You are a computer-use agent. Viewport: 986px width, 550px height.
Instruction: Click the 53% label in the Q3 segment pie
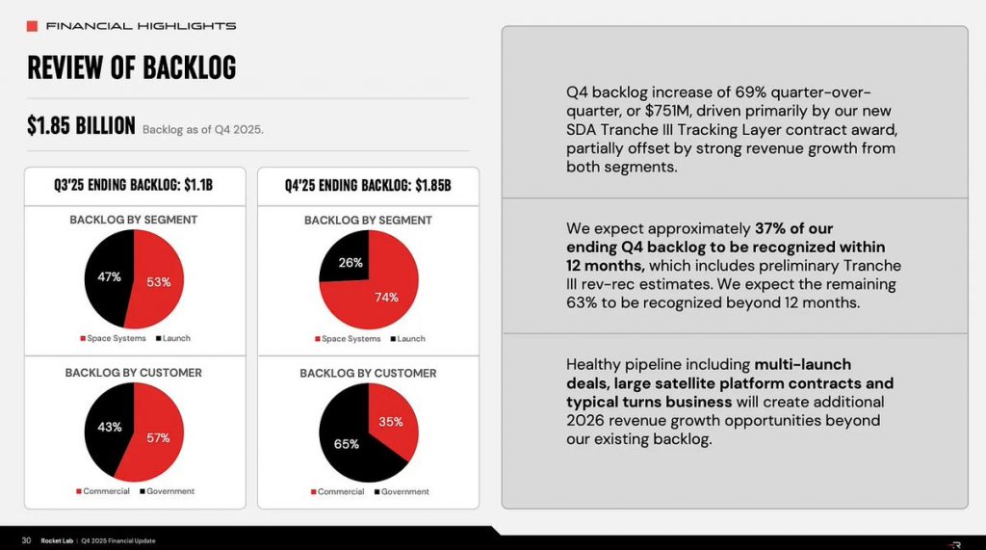pos(159,282)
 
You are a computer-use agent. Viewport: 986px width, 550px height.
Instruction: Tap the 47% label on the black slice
pos(109,276)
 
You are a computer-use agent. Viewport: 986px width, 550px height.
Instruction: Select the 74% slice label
pos(386,298)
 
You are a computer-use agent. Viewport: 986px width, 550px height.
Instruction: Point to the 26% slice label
pos(350,262)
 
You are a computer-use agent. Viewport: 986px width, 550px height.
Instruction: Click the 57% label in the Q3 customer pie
pos(157,437)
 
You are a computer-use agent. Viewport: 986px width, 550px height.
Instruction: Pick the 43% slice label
pos(108,426)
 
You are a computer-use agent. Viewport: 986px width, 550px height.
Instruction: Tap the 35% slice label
pos(391,422)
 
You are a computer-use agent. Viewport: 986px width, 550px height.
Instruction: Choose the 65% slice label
pos(346,444)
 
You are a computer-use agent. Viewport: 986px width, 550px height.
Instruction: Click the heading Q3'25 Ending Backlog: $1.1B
pos(133,185)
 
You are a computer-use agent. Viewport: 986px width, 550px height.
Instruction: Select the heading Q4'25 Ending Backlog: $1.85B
pos(368,185)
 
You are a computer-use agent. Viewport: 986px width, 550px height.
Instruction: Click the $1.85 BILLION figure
pos(81,126)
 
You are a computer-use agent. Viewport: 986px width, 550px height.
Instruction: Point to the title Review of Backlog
pos(132,68)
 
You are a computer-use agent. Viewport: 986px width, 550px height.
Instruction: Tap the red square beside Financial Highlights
pos(33,25)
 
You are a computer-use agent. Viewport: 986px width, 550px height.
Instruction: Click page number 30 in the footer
pos(27,540)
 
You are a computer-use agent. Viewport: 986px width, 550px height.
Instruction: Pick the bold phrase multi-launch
pos(802,365)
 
